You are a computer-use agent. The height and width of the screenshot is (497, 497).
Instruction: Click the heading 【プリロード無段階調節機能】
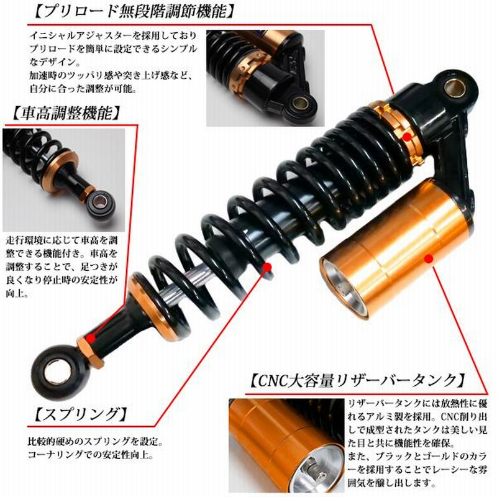click(134, 12)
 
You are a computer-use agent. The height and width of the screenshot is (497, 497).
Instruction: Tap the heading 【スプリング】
click(81, 414)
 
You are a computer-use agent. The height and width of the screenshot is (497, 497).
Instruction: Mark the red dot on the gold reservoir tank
click(429, 259)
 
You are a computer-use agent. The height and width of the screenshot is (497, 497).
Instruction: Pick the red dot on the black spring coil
click(268, 267)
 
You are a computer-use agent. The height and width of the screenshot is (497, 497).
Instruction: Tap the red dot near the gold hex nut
click(91, 339)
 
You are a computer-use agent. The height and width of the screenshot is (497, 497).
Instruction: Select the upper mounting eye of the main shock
click(456, 88)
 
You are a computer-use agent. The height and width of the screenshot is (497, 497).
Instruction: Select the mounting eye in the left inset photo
click(101, 203)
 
